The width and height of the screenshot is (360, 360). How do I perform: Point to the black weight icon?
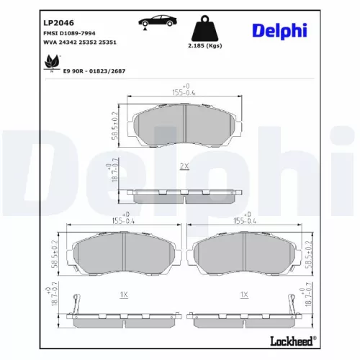pos(203,29)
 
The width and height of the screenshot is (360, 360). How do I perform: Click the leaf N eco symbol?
pos(52,63)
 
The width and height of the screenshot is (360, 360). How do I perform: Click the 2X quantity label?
pos(184,166)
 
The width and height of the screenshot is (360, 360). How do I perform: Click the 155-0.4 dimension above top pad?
pos(185,91)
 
